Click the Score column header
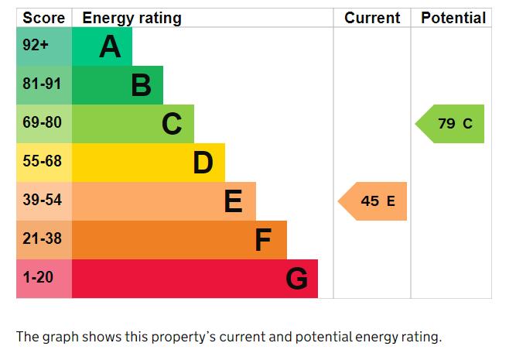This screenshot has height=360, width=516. [x=44, y=18]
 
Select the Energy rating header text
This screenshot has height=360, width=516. [x=132, y=19]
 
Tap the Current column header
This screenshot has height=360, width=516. [x=372, y=18]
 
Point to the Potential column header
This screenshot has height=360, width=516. [x=453, y=18]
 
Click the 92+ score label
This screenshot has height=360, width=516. [x=36, y=44]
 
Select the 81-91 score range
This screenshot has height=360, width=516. [x=42, y=84]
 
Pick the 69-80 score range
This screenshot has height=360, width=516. [x=42, y=122]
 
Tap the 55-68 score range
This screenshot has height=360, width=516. [x=42, y=161]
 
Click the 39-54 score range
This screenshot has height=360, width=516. [x=42, y=200]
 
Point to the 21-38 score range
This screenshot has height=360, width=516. [x=42, y=238]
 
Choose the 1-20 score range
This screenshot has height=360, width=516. [x=38, y=277]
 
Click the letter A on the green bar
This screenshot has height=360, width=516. [x=110, y=46]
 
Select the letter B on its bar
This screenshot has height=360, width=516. [x=141, y=85]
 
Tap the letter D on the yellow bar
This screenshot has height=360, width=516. [x=203, y=163]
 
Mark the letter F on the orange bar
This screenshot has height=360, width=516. [x=263, y=240]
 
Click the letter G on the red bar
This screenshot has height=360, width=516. [x=297, y=279]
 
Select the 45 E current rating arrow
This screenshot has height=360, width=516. [x=372, y=201]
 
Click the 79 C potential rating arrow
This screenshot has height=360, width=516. [x=449, y=124]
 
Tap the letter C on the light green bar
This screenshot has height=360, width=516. [x=172, y=124]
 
